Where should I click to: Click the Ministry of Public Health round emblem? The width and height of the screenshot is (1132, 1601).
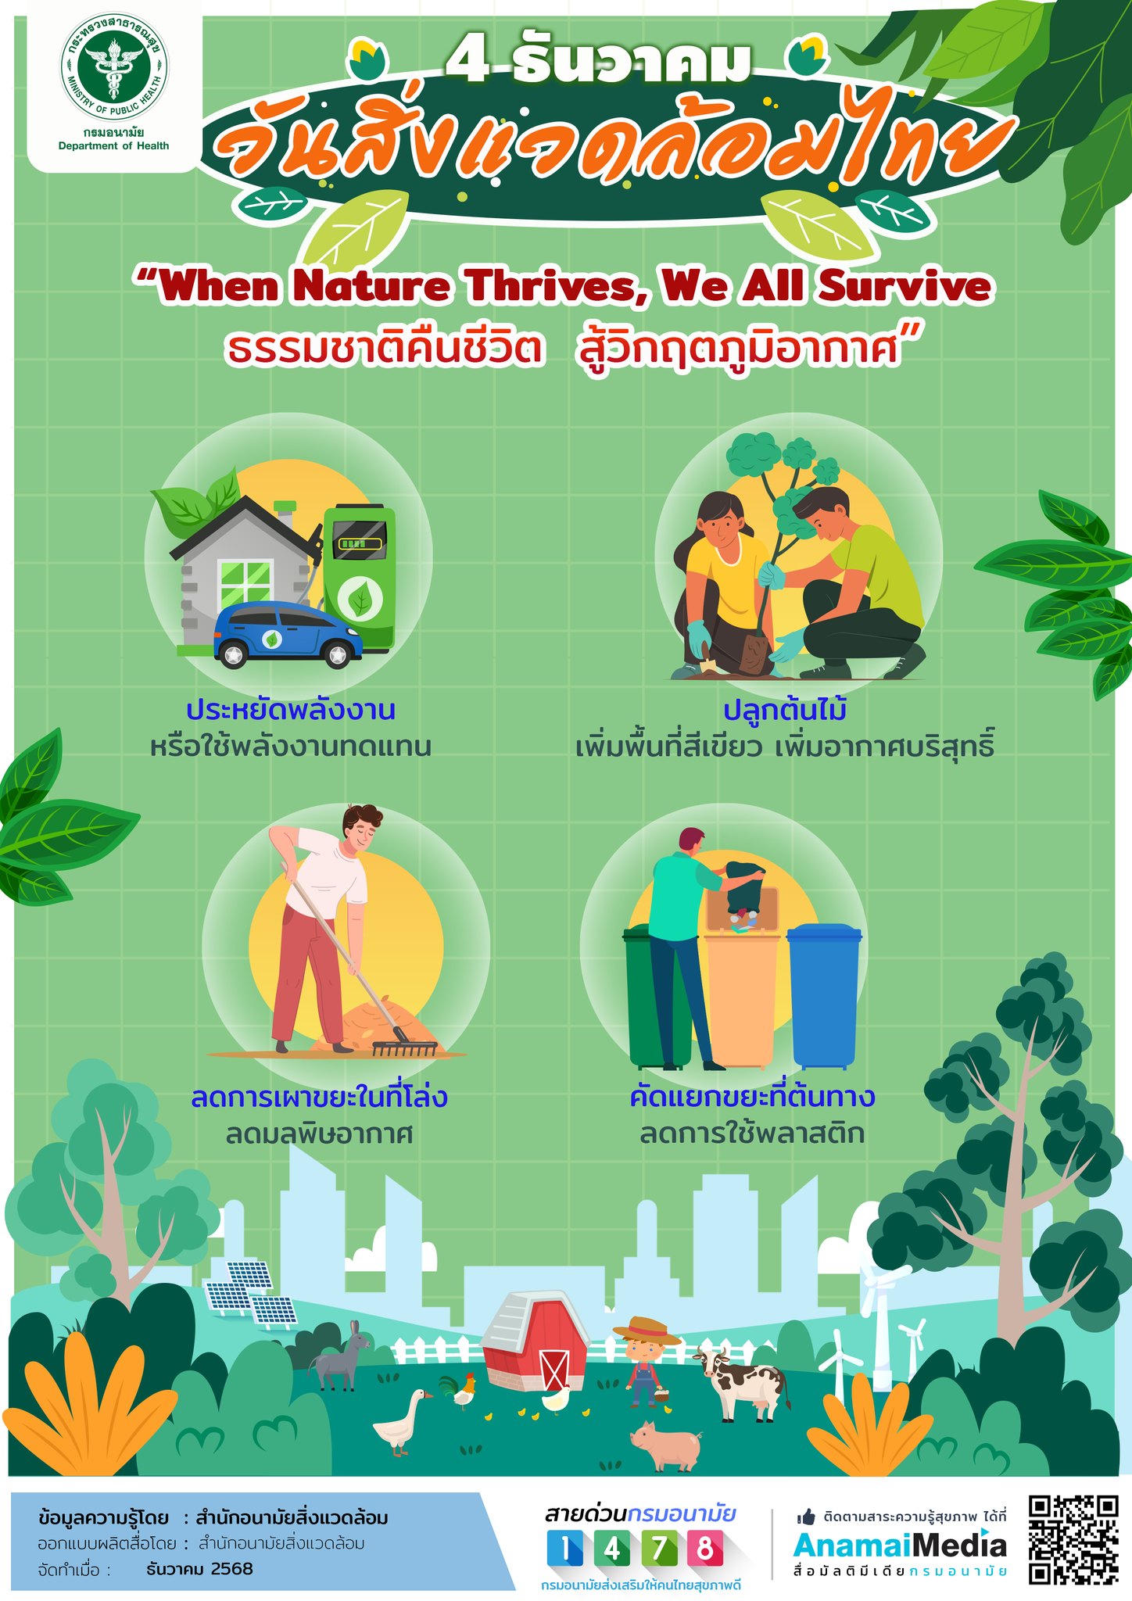113,68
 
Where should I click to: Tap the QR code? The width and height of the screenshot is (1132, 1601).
1073,1538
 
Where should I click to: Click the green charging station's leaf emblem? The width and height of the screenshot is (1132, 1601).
360,600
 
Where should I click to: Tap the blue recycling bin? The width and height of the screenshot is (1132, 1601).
823,996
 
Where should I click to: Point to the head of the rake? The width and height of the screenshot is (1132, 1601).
404,1048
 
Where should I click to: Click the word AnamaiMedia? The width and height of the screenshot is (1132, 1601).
900,1545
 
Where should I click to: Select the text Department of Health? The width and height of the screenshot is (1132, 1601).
113,146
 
